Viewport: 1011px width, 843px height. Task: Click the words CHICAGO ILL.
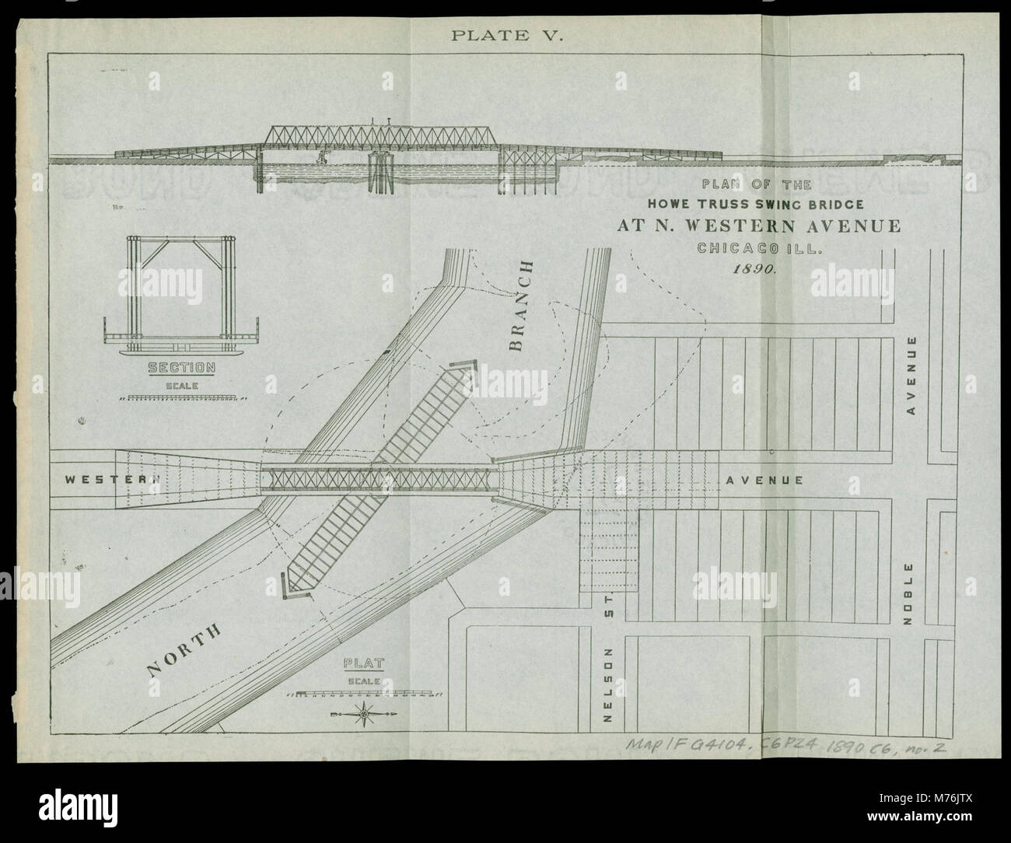coord(758,249)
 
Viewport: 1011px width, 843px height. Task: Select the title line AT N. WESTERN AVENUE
coord(759,227)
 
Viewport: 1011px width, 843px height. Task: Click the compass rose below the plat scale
coord(364,711)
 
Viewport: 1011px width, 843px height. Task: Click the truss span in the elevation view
coord(381,136)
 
